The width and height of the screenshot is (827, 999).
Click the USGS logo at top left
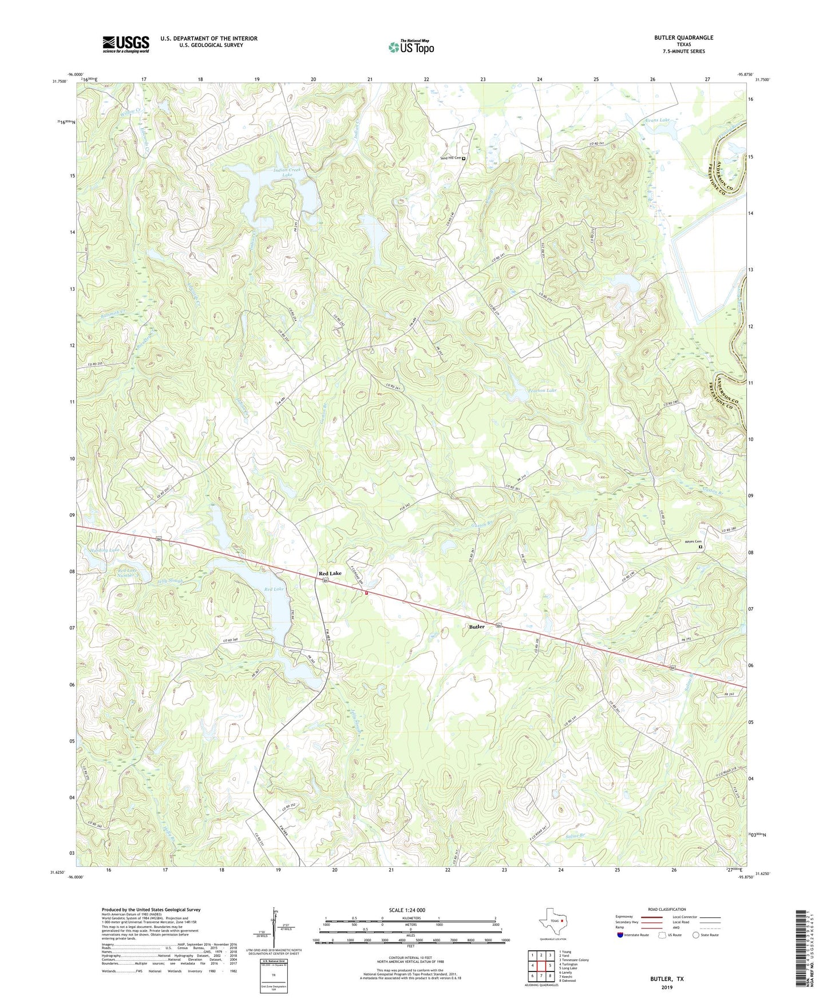(126, 44)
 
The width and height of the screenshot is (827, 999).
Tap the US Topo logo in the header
(411, 47)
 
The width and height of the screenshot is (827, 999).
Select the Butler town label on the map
(477, 627)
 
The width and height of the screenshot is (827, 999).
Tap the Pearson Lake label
(542, 390)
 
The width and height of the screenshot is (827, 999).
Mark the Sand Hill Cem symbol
(464, 158)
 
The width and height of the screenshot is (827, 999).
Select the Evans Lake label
(657, 120)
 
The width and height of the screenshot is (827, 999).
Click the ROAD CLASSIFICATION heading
(667, 909)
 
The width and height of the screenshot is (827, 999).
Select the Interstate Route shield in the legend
(621, 935)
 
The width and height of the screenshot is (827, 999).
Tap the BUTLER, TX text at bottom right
(667, 979)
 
